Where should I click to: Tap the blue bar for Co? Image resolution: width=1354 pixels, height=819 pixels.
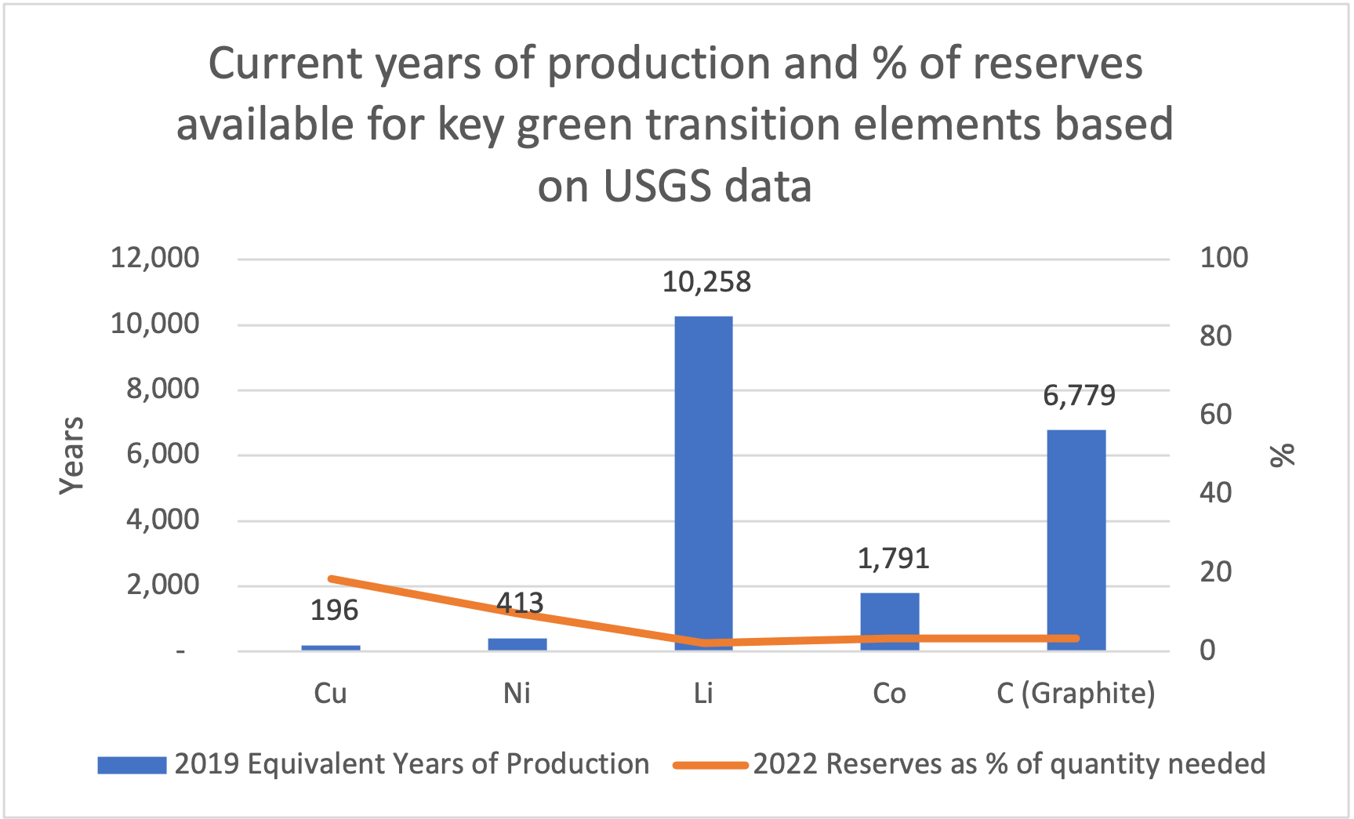pos(890,619)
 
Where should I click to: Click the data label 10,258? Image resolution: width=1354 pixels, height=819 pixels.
pos(706,282)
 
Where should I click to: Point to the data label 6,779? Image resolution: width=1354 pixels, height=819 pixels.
pos(1079,395)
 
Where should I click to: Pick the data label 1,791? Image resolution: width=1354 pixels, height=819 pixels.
pos(893,559)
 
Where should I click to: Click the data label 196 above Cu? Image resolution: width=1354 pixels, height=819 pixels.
pos(334,611)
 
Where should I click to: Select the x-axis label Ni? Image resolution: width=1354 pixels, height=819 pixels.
pos(517,694)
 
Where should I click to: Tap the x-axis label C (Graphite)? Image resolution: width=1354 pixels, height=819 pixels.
pos(1076,694)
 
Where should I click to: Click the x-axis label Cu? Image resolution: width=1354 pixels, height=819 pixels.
pos(330,694)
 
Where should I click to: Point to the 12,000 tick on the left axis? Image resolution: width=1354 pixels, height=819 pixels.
pos(155,258)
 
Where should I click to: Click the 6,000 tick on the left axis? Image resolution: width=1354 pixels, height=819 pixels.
pos(163,454)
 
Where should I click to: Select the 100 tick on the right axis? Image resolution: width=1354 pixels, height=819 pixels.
pos(1224,258)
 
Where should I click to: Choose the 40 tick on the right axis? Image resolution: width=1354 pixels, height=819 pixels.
pos(1216,493)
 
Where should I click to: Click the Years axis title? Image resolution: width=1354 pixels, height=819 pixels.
pos(72,455)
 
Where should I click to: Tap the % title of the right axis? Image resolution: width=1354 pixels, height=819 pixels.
pos(1283,455)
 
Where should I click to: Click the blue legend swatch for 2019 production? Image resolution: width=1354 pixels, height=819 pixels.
pos(132,765)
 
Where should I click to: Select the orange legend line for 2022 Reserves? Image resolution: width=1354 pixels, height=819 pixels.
pos(710,765)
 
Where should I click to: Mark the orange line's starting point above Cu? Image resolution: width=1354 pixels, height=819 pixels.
pos(331,579)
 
